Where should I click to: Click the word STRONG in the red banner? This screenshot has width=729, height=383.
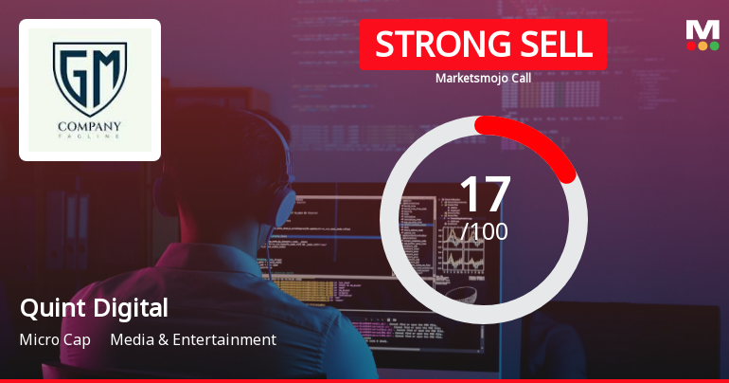pyautogui.click(x=432, y=45)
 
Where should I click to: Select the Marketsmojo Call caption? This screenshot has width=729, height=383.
pyautogui.click(x=483, y=78)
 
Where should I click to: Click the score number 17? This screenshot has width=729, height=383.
pyautogui.click(x=484, y=193)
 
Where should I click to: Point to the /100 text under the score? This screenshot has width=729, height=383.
pyautogui.click(x=485, y=230)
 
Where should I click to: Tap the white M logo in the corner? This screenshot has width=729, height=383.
pyautogui.click(x=702, y=29)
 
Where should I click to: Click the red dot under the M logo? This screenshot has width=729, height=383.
pyautogui.click(x=691, y=46)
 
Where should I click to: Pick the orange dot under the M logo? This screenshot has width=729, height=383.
pyautogui.click(x=702, y=46)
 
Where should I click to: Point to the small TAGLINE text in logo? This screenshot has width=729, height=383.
pyautogui.click(x=90, y=138)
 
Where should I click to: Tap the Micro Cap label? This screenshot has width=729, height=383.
pyautogui.click(x=55, y=339)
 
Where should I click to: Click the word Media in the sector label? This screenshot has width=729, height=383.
pyautogui.click(x=131, y=339)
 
